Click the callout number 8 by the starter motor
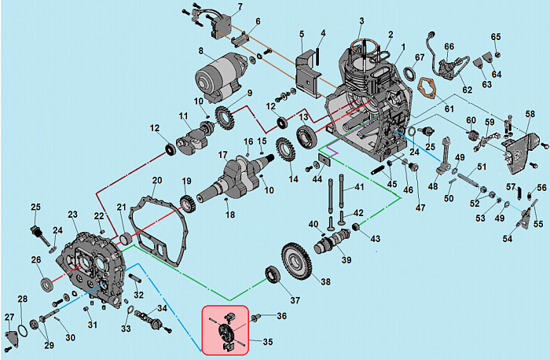[x=200, y=52]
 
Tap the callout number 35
[x=268, y=342]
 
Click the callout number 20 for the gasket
[x=156, y=180]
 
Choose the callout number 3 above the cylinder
[x=361, y=20]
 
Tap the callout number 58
[x=530, y=114]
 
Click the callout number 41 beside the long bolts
[x=359, y=187]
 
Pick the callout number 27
[x=9, y=317]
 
